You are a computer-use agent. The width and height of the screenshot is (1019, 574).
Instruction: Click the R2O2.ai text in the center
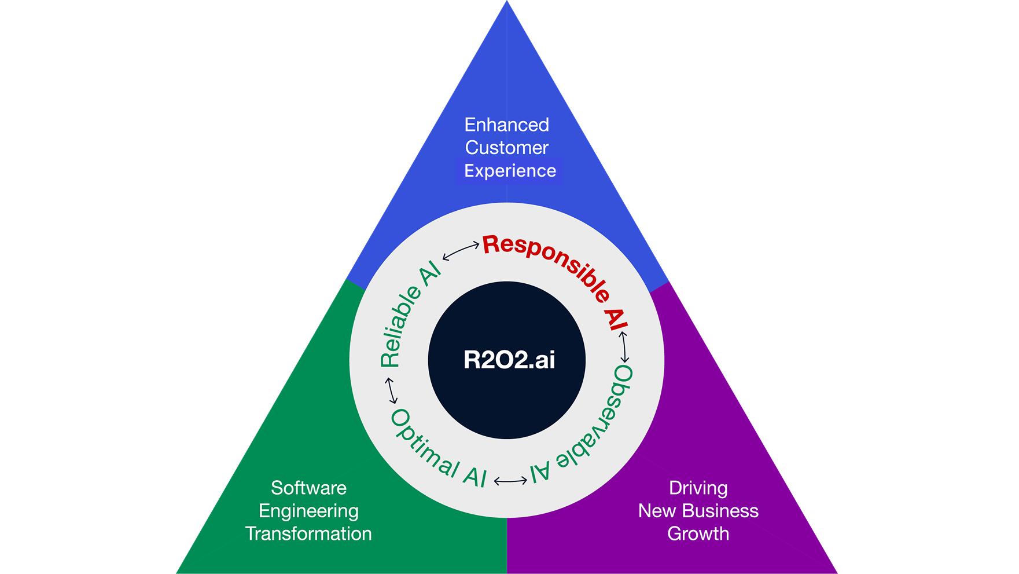pyautogui.click(x=509, y=360)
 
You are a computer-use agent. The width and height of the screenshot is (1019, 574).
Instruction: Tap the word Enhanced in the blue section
pyautogui.click(x=506, y=125)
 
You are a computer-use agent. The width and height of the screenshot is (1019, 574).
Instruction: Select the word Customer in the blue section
pyautogui.click(x=506, y=148)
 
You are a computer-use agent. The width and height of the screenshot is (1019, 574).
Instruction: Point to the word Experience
pyautogui.click(x=510, y=171)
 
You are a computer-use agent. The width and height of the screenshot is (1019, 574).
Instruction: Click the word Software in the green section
pyautogui.click(x=308, y=488)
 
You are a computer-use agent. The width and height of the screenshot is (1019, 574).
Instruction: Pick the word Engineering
pyautogui.click(x=308, y=511)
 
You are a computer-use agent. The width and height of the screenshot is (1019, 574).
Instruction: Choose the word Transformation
pyautogui.click(x=308, y=533)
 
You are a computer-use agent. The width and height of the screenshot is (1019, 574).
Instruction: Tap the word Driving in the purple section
pyautogui.click(x=698, y=488)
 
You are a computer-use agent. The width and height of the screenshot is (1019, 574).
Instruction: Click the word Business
pyautogui.click(x=722, y=511)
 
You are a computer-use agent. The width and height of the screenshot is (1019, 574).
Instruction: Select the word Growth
pyautogui.click(x=698, y=533)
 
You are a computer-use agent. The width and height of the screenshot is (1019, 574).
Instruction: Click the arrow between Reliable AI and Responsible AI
pyautogui.click(x=461, y=251)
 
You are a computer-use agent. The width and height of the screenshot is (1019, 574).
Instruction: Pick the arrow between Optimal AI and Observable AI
pyautogui.click(x=510, y=481)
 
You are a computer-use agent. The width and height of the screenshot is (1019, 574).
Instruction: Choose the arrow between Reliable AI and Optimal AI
pyautogui.click(x=392, y=390)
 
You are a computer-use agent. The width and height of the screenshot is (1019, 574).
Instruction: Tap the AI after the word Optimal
pyautogui.click(x=475, y=476)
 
